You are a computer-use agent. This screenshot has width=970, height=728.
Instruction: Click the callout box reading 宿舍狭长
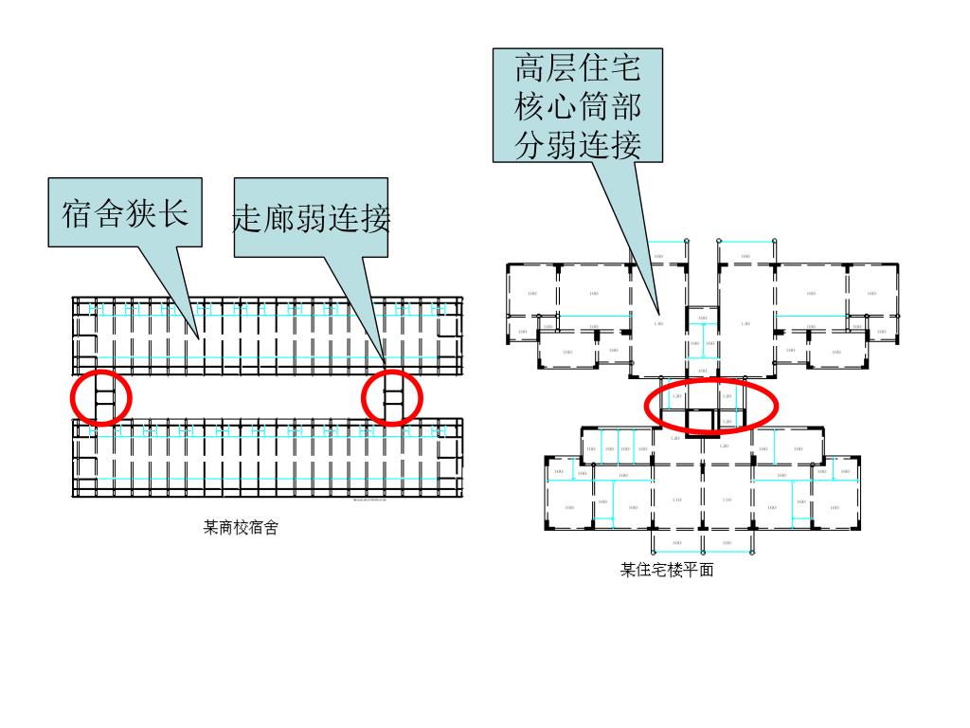[x=125, y=212]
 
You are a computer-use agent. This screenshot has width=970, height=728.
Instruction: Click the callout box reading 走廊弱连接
[x=311, y=218]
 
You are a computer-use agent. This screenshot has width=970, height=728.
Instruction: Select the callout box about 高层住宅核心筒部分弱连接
[x=578, y=105]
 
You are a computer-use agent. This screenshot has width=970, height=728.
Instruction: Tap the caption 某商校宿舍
[x=241, y=528]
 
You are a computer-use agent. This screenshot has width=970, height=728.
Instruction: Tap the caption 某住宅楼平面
[x=667, y=571]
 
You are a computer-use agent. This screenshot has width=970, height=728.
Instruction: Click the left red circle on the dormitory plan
[x=100, y=398]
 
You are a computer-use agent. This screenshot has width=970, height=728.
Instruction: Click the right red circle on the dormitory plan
[x=392, y=398]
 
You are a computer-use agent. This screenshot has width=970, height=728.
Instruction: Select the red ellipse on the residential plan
[x=710, y=405]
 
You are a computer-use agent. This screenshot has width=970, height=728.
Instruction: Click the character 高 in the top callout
[x=530, y=69]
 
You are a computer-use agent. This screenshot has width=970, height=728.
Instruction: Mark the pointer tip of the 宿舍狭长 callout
[x=200, y=337]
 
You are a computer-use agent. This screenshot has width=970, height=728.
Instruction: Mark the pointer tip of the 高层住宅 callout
[x=660, y=313]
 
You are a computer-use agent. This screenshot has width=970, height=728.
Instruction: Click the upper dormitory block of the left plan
[x=268, y=336]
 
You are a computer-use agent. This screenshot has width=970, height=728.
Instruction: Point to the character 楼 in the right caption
[x=679, y=571]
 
